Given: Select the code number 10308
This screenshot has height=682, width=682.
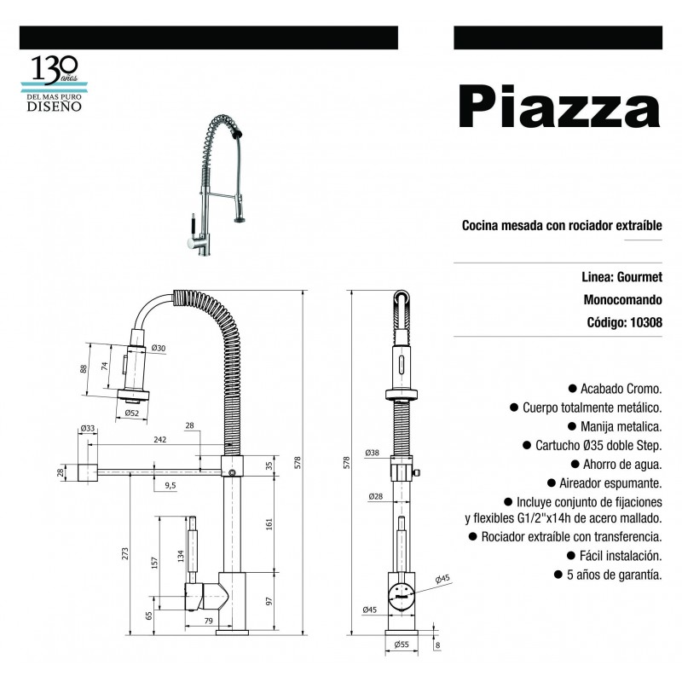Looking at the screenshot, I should click(645, 322).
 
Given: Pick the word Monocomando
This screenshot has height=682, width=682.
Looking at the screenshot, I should click(623, 300).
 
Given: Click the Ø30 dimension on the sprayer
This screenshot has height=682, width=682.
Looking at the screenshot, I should click(158, 348).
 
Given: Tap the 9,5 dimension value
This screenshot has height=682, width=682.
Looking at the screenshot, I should click(170, 485).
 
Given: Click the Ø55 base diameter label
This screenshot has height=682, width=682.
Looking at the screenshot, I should click(402, 645).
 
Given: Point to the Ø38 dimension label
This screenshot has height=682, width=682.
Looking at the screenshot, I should click(372, 453).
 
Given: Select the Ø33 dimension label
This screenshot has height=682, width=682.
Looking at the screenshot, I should click(87, 429).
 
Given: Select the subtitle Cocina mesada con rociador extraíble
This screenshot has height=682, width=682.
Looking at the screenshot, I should click(562, 226).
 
